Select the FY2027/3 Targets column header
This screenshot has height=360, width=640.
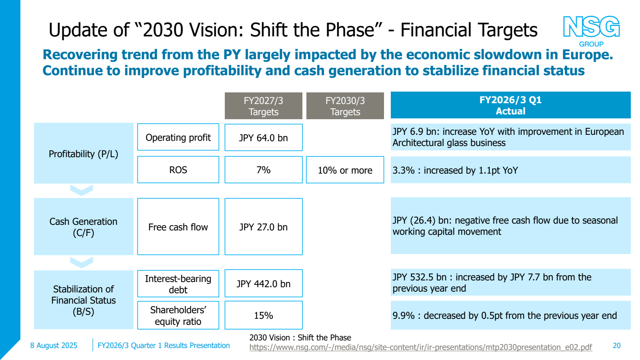coord(263,106)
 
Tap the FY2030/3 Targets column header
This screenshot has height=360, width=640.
coord(345,106)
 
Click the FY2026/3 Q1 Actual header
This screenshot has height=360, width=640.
coord(510,105)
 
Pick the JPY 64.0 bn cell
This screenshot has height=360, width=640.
coord(263,138)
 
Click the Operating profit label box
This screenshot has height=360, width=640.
coord(178,138)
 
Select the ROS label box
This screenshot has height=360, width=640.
coord(178,170)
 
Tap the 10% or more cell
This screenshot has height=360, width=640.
coord(345,170)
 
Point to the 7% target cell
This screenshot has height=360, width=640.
coord(263,170)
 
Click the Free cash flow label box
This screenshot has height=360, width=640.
coord(178,227)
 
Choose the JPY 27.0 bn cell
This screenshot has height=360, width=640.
coord(263,227)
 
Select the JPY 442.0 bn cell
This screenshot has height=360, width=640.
coord(263,284)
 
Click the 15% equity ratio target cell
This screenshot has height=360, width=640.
coord(263,316)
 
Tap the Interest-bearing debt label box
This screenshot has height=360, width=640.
coord(178,284)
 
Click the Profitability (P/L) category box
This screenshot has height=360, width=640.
coord(84,154)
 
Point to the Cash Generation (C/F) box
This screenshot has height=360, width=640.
coord(84,227)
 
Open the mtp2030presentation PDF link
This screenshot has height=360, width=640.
coord(420,347)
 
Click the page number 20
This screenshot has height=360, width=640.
coord(616,346)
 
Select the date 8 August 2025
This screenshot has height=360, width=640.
coord(54,346)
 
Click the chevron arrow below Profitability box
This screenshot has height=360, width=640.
coord(82,190)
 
